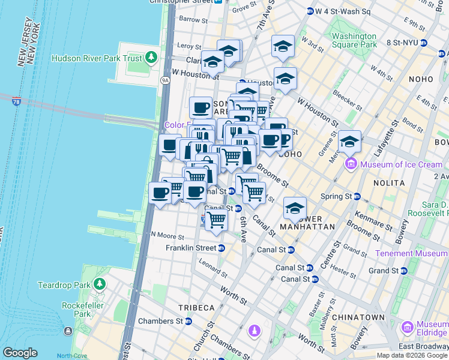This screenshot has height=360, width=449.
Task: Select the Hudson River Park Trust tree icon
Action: (x=151, y=58)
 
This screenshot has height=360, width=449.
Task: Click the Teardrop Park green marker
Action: (x=99, y=284)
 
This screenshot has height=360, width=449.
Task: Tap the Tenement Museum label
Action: (x=411, y=253)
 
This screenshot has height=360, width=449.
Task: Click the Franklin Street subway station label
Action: (x=190, y=248)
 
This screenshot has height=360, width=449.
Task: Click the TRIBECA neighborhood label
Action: (x=196, y=307)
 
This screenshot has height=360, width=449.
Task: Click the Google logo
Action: (x=20, y=353)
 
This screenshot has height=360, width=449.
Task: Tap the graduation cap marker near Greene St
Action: (x=349, y=142)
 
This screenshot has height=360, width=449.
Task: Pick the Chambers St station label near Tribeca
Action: (x=160, y=321)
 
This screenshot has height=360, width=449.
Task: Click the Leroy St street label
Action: (x=189, y=46)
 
